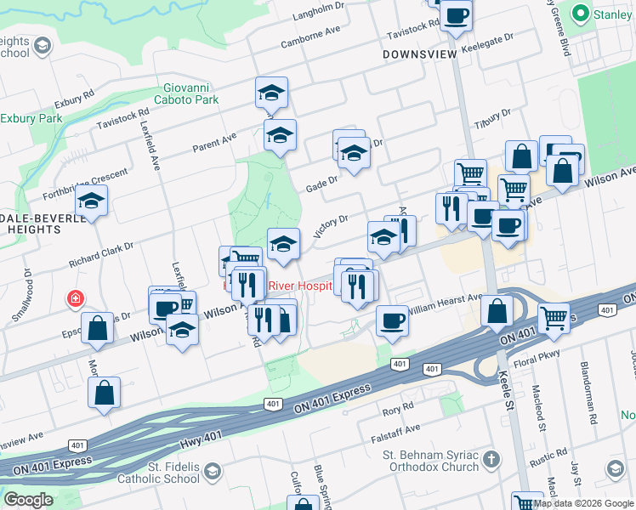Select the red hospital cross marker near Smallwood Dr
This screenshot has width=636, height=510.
[x=77, y=299]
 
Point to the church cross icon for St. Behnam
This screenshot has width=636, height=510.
[x=490, y=460]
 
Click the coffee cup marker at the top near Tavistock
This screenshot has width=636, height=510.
[x=456, y=15]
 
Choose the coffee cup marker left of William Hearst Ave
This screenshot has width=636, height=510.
[x=392, y=320]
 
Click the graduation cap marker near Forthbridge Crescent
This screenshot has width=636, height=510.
[x=92, y=201]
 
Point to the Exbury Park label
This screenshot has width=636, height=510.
[x=31, y=117]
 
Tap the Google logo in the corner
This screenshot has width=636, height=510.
[x=27, y=499]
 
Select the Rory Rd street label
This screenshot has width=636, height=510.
[x=397, y=410]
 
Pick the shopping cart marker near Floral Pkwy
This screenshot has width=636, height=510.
[x=554, y=318]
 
